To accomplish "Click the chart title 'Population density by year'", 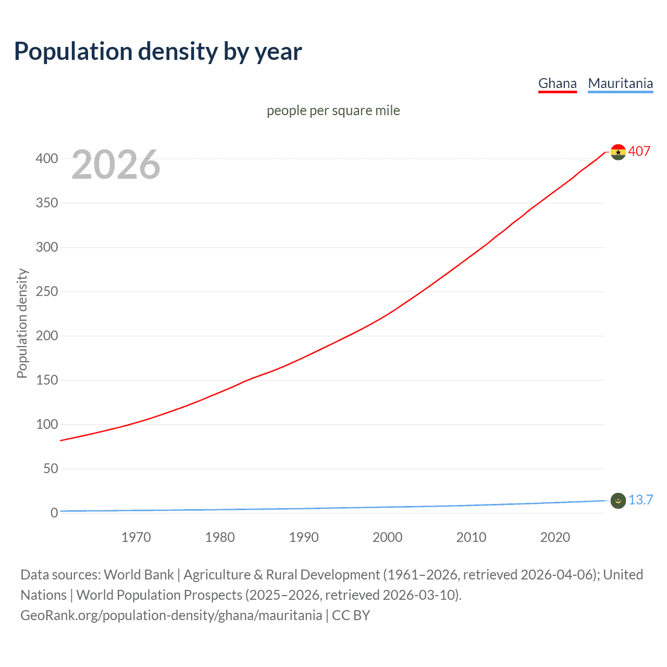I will tap(158, 52).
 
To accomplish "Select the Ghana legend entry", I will tap(557, 83).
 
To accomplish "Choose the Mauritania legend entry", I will tap(620, 83).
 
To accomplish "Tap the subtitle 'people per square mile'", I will tap(333, 110).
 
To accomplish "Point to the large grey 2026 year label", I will tap(116, 165).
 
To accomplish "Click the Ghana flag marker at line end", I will tap(618, 152).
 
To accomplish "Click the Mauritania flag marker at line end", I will tap(618, 501).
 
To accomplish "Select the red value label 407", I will tap(639, 151).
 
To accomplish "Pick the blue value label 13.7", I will tap(640, 500).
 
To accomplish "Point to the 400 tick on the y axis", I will tap(47, 158).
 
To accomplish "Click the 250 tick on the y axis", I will tap(47, 291).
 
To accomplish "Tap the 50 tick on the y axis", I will tap(51, 468).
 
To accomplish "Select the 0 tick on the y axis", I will tap(54, 513).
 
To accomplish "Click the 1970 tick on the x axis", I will tap(136, 537).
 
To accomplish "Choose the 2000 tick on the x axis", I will tap(387, 537).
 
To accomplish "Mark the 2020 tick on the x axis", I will tap(555, 537).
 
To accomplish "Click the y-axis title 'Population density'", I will tap(22, 323).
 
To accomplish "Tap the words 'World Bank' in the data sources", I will tap(139, 575).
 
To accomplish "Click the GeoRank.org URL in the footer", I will tap(171, 615).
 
